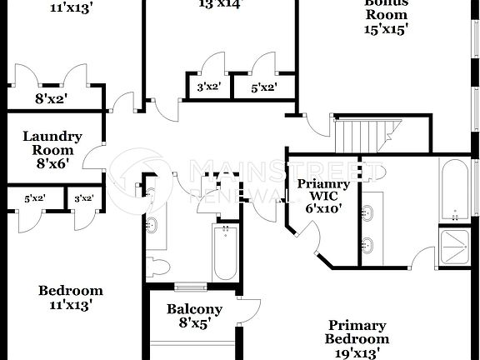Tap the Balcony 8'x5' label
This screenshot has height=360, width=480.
point(194,316)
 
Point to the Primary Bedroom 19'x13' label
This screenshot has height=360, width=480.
point(357,338)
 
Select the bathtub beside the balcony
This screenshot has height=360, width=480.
point(225,251)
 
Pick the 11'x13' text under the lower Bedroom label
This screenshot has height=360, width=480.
point(71,305)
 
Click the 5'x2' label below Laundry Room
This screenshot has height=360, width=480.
point(34,198)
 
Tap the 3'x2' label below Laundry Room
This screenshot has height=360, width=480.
point(83,198)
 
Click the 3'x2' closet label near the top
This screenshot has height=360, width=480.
point(207,87)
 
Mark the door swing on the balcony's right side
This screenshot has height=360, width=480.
point(248,311)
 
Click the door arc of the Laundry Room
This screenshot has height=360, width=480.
point(92,159)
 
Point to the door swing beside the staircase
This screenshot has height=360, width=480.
point(317,130)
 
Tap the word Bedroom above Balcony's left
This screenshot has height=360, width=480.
point(71,291)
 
